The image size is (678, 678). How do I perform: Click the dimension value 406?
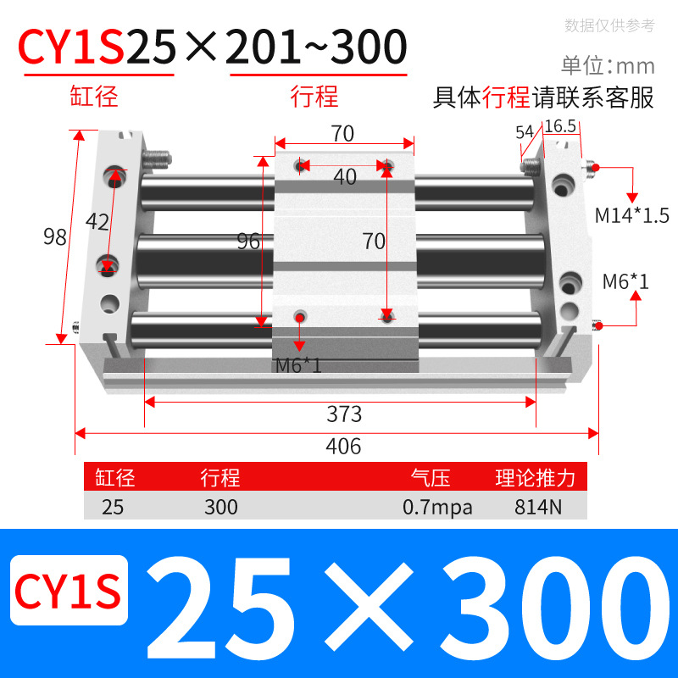(x=344, y=446)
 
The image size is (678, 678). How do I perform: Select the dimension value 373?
(x=344, y=414)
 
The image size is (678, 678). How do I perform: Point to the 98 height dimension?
(x=55, y=237)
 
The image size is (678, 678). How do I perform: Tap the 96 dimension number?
(x=248, y=242)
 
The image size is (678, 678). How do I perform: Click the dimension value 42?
(x=98, y=222)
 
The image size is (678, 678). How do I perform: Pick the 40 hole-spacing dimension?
(x=345, y=176)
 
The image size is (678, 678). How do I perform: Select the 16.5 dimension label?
(x=560, y=126)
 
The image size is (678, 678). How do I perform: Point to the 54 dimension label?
(x=524, y=131)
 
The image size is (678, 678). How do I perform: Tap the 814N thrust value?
(x=535, y=508)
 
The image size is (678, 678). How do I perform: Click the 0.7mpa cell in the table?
(x=437, y=508)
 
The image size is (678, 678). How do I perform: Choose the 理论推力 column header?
(x=535, y=478)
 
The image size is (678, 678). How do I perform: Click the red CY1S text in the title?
(x=72, y=47)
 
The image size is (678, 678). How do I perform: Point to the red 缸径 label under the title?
(x=94, y=96)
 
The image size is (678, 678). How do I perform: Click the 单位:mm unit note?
(x=607, y=65)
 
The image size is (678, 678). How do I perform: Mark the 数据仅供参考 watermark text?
(x=609, y=25)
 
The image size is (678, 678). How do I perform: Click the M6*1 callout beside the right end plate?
(x=625, y=281)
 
